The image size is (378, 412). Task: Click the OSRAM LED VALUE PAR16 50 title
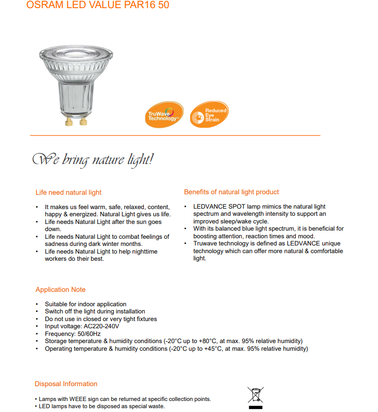pyautogui.click(x=97, y=5)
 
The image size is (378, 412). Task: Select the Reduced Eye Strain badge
pyautogui.click(x=209, y=115)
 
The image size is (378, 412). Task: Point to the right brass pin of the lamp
pyautogui.click(x=83, y=122)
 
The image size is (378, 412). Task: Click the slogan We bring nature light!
pyautogui.click(x=93, y=159)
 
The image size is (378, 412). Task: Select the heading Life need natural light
pyautogui.click(x=68, y=192)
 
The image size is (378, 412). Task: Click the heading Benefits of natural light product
pyautogui.click(x=231, y=192)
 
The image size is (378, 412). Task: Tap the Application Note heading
pyautogui.click(x=60, y=290)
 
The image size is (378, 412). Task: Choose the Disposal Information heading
pyautogui.click(x=66, y=384)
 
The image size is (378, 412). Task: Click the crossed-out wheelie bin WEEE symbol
pyautogui.click(x=255, y=396)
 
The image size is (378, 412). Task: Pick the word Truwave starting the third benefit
pyautogui.click(x=205, y=244)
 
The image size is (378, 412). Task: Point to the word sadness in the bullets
pyautogui.click(x=57, y=244)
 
